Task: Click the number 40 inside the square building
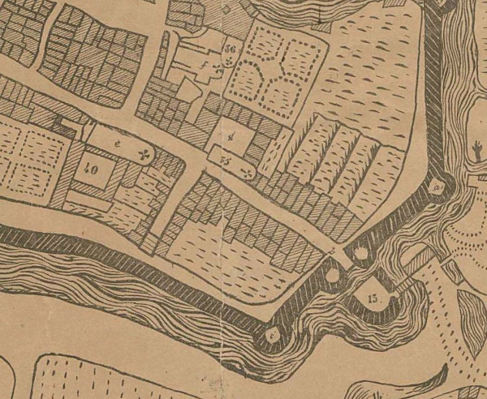[90, 170]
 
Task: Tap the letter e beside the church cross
[119, 144]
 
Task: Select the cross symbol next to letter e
[145, 153]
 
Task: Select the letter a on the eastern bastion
[438, 187]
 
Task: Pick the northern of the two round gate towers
[357, 255]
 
